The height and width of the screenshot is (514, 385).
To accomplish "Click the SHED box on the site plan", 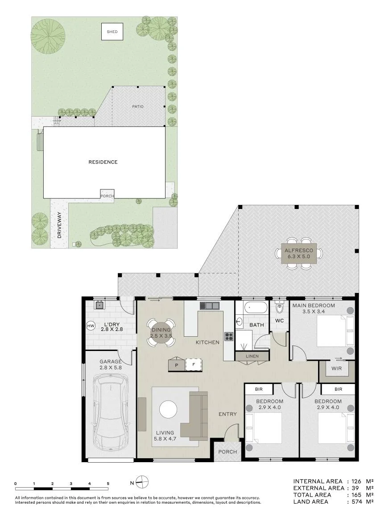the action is pos(112,31).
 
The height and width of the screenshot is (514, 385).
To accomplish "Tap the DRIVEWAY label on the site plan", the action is pos(59,225).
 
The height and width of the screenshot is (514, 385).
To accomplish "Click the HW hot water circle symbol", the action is pos(91,326).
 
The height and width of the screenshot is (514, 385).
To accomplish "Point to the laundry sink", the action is pos(99,305).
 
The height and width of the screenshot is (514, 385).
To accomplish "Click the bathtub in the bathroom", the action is pos(256,308).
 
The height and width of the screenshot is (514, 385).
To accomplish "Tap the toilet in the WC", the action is pos(280,308).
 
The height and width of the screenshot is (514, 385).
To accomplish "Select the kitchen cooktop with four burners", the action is pos(229,336).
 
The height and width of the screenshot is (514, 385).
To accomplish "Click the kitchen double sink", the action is pos(210,306).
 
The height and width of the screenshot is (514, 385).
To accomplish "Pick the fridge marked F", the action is pos(194,364).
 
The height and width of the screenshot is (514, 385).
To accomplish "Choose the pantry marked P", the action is pos(177,364).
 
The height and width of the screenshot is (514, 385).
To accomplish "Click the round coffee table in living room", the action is pos(168,410).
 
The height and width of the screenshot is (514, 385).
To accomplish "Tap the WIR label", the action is pos(336,368).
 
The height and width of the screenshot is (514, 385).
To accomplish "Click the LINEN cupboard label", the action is pos(252,356).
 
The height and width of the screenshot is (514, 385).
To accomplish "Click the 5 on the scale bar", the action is pos(108,484).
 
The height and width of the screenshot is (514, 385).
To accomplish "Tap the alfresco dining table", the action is pos(299,253).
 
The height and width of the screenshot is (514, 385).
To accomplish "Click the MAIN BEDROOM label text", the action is pos(314,305).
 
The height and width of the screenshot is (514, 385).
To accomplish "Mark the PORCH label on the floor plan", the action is pos(228,452).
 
